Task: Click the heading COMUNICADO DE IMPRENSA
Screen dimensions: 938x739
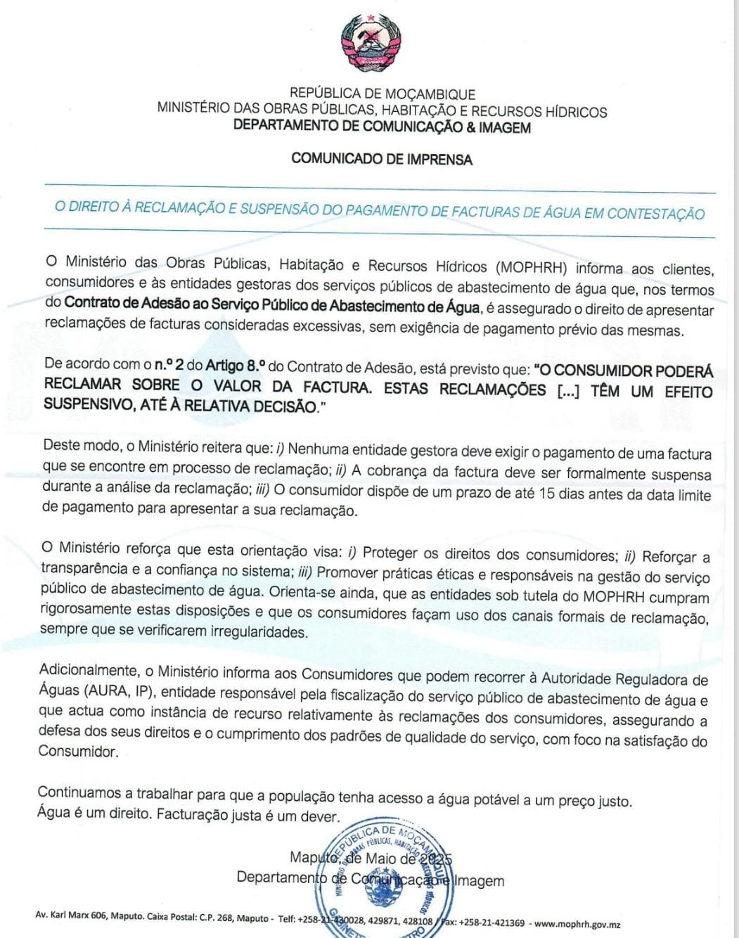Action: (x=381, y=159)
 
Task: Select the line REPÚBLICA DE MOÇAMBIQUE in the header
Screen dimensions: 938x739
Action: (x=382, y=94)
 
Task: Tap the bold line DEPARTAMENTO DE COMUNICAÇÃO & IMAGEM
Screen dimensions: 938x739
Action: (x=382, y=127)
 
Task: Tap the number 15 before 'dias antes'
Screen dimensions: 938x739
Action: (x=546, y=494)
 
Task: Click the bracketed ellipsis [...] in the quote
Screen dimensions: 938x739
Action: (x=567, y=391)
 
